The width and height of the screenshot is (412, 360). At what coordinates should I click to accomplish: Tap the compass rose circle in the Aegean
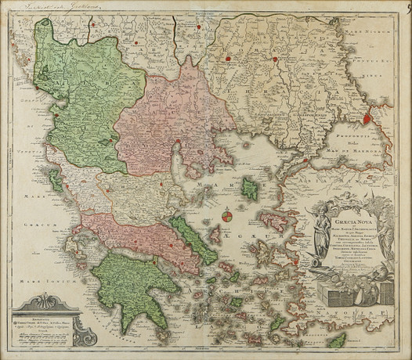click(225, 216)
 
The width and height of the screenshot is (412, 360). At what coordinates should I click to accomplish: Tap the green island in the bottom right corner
click(338, 340)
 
